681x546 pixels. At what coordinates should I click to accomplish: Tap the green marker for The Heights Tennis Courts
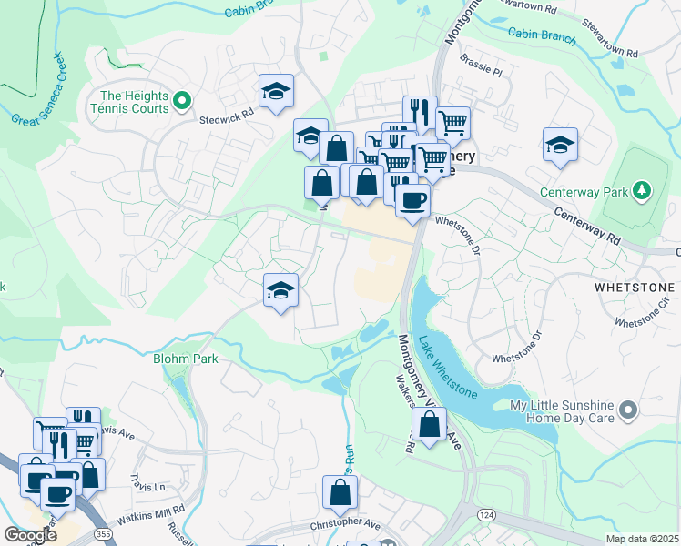coord(181,100)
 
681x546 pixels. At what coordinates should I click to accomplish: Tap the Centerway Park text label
coord(584,192)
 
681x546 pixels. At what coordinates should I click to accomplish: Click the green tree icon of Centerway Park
coord(644,190)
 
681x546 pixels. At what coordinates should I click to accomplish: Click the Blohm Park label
coord(186,359)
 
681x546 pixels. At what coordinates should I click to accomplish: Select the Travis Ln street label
coord(146,481)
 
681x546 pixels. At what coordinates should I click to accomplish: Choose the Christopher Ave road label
coord(346,525)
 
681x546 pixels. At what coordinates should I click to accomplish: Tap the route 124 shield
coord(483,517)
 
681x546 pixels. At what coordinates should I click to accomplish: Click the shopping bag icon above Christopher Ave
coord(340,492)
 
